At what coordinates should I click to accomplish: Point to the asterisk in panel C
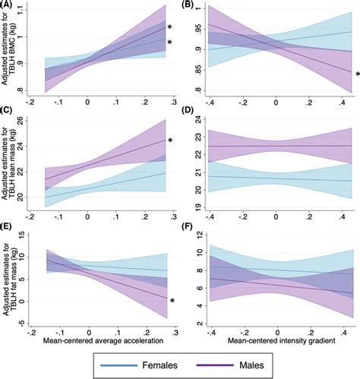point(171,141)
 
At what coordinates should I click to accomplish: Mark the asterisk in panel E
point(172,302)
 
